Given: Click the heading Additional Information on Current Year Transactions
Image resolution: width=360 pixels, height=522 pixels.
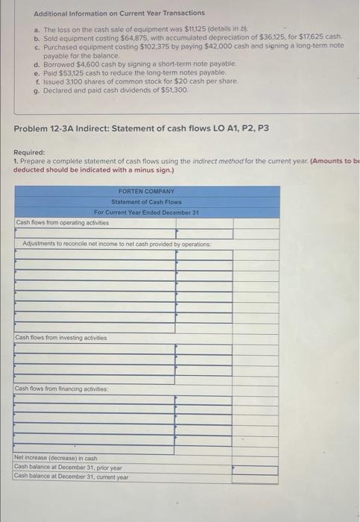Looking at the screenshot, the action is point(109,13).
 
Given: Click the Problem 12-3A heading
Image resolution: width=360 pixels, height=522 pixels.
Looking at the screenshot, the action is point(141,128).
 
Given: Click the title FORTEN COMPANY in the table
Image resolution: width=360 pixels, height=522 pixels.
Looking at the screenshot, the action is point(146,192).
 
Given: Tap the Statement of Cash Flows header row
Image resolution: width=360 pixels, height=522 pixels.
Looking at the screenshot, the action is point(146,202).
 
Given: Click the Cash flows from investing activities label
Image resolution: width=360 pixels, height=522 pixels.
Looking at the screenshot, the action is point(60,338).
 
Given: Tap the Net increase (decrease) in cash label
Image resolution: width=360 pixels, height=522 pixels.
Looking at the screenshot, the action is point(56,457).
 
